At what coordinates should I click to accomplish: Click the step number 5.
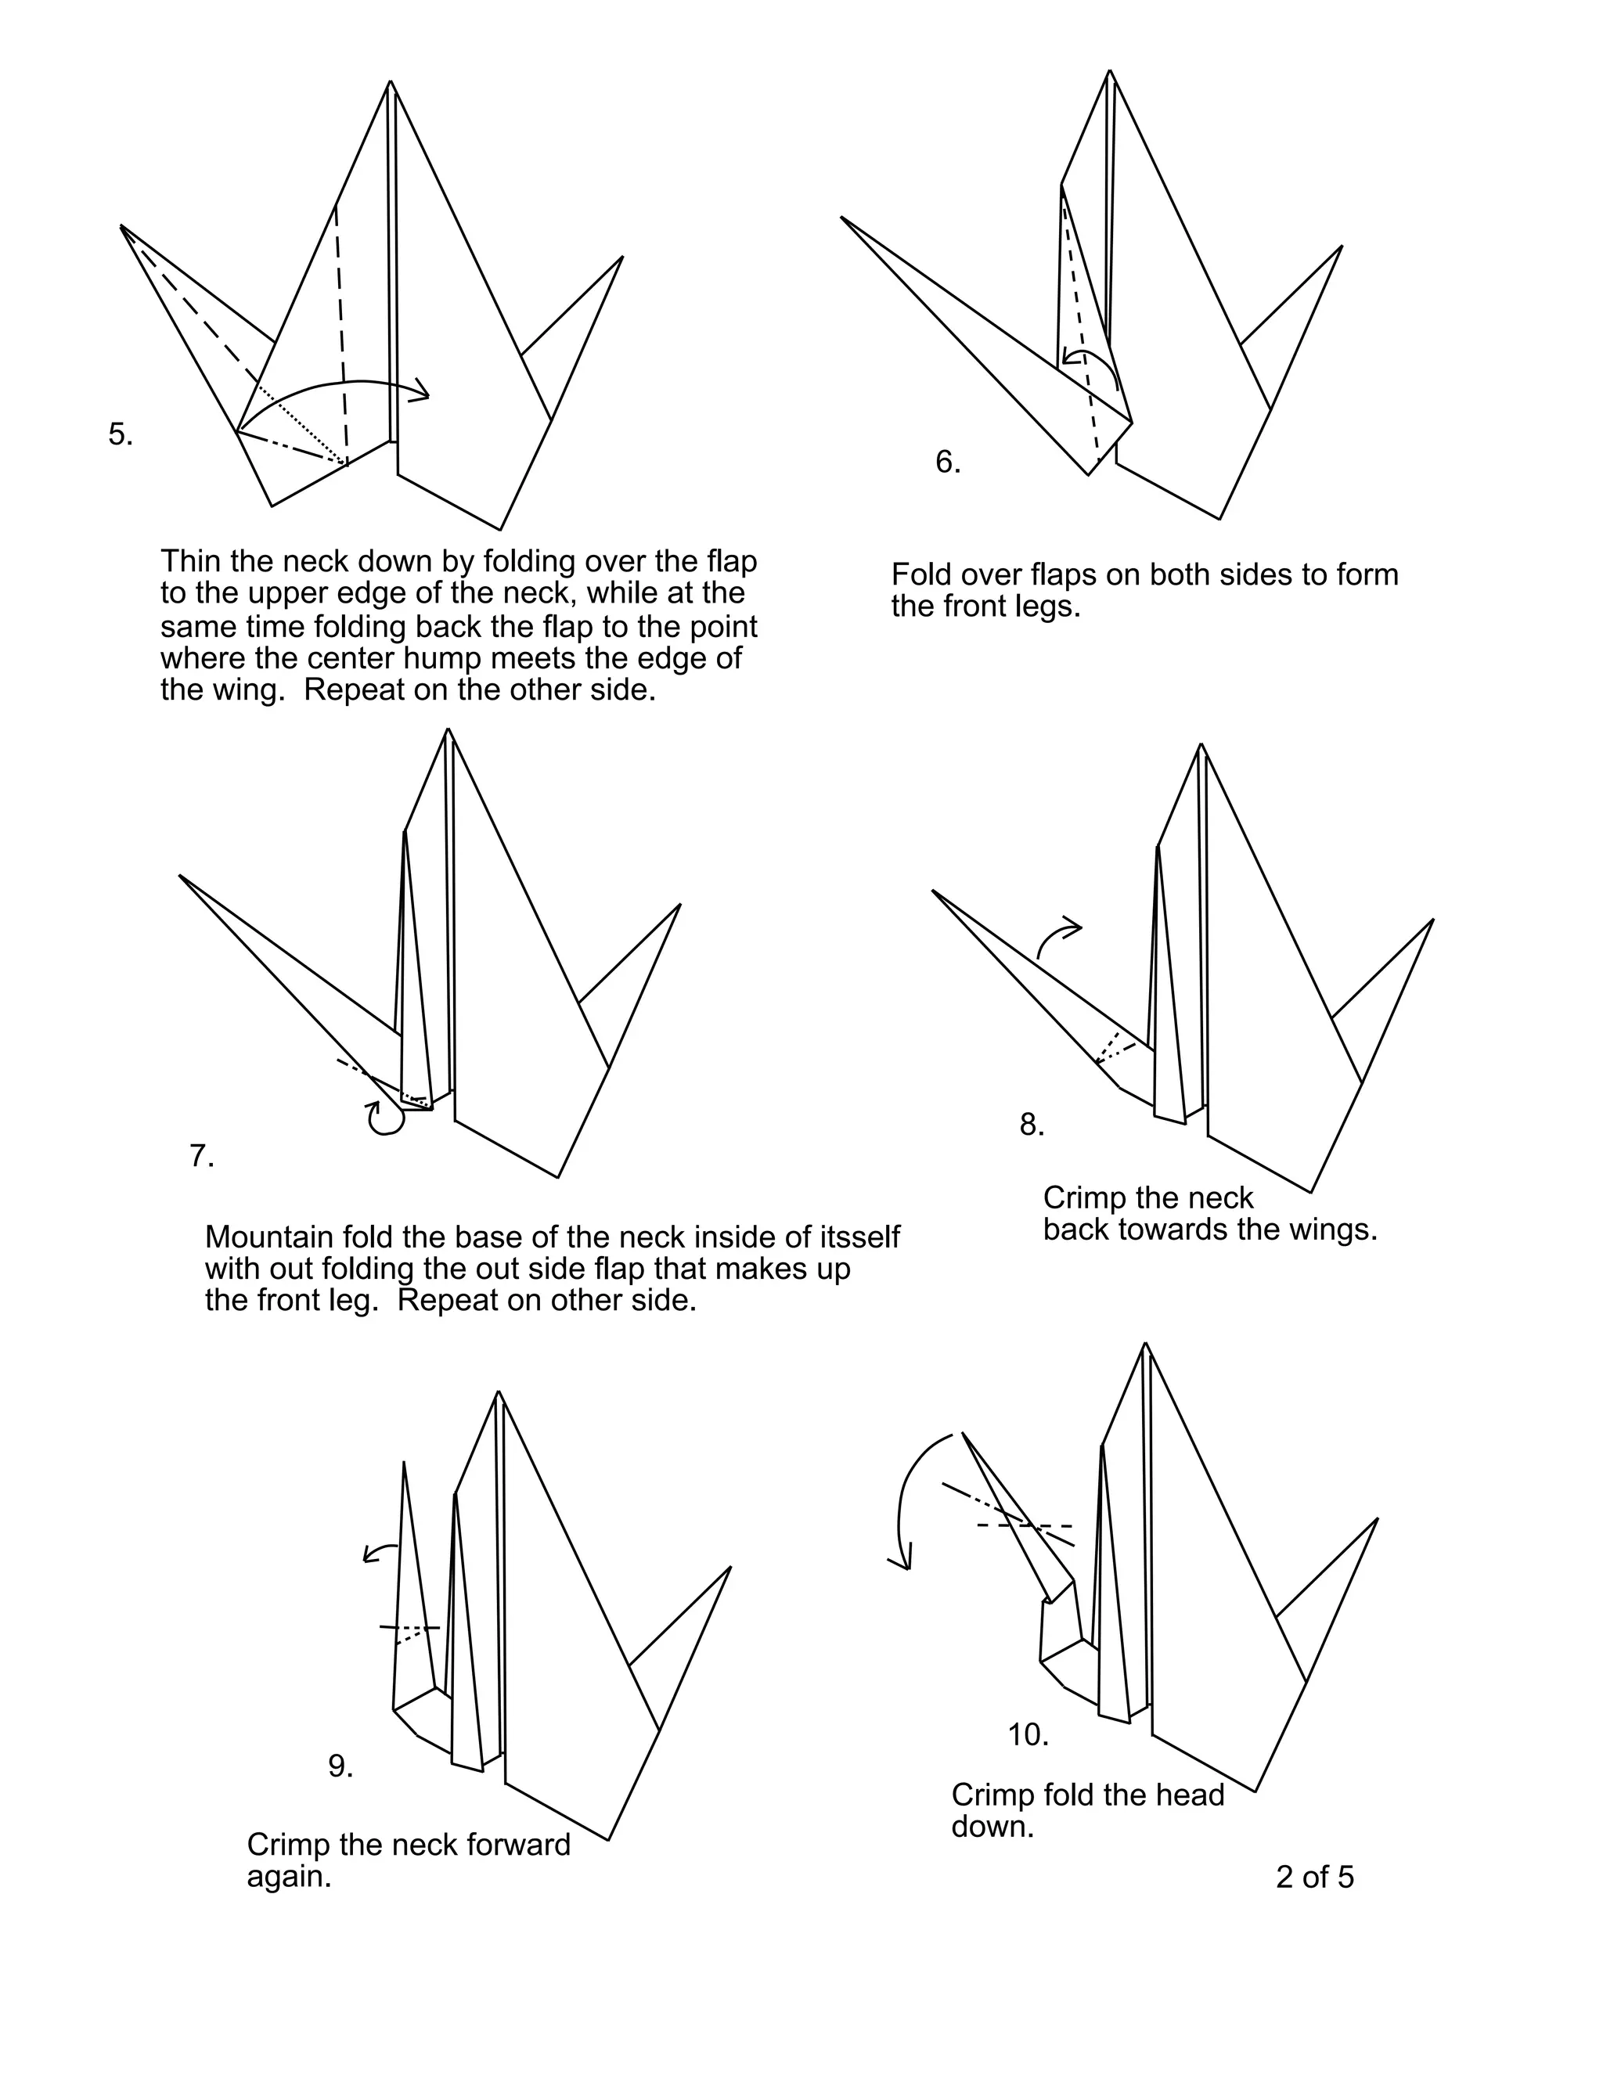[x=121, y=435]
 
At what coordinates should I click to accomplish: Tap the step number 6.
[x=948, y=463]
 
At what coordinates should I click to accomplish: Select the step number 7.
[x=201, y=1157]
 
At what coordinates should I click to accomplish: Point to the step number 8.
[x=1032, y=1125]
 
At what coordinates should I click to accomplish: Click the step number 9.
[x=340, y=1766]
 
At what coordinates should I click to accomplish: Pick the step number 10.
[x=1028, y=1735]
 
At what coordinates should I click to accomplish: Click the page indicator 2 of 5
[x=1314, y=1877]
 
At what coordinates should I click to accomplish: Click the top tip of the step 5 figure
[x=391, y=84]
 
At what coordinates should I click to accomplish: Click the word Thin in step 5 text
[x=191, y=561]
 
